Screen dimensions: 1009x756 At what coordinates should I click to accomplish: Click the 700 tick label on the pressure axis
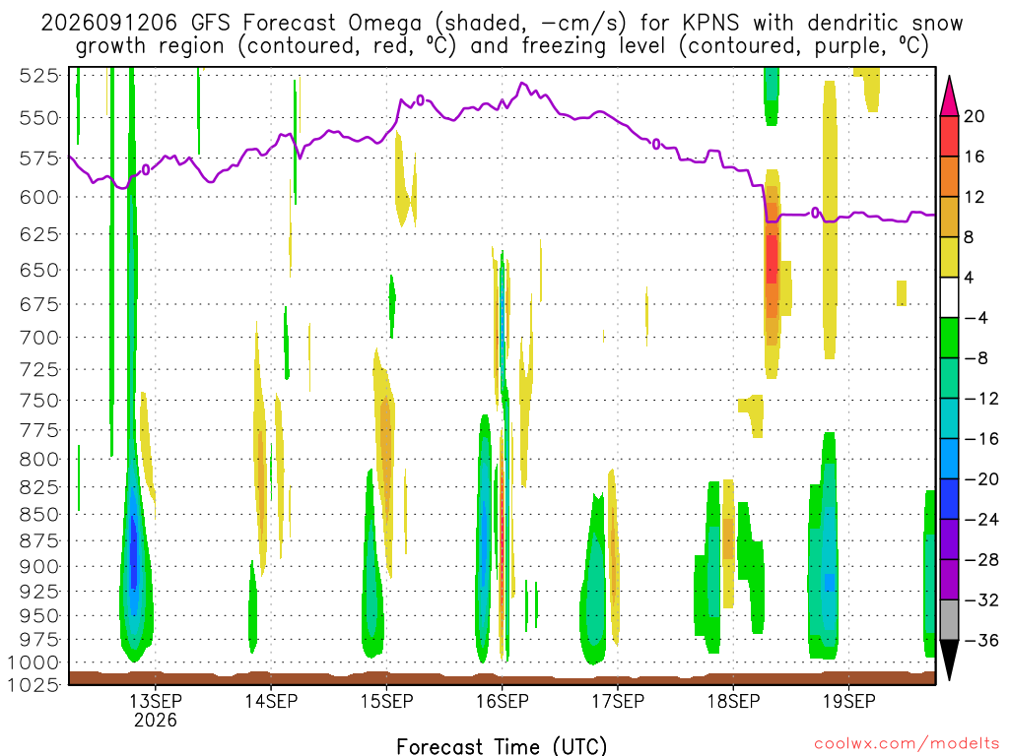pos(39,338)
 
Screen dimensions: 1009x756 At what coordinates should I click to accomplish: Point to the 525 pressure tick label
pos(39,76)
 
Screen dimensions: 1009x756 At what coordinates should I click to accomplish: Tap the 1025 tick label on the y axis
pos(34,685)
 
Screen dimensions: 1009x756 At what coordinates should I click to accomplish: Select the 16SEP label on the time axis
pos(502,701)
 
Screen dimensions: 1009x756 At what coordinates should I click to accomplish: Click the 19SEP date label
pos(849,701)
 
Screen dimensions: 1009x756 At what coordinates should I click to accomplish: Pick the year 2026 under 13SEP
pos(155,720)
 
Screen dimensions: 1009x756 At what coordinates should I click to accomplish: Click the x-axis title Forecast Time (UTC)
pos(502,746)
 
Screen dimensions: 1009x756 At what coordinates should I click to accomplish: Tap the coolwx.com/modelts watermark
pos(907,744)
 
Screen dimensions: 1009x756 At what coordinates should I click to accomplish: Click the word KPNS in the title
pos(710,24)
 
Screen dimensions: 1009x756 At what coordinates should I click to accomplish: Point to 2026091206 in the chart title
pos(108,24)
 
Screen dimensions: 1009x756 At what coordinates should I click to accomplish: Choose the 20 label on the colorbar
pos(974,116)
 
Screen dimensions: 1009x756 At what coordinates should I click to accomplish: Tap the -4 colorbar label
pos(976,318)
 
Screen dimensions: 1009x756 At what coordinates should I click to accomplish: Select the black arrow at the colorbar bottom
pos(949,659)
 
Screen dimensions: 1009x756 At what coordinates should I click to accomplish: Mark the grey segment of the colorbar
pos(949,620)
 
